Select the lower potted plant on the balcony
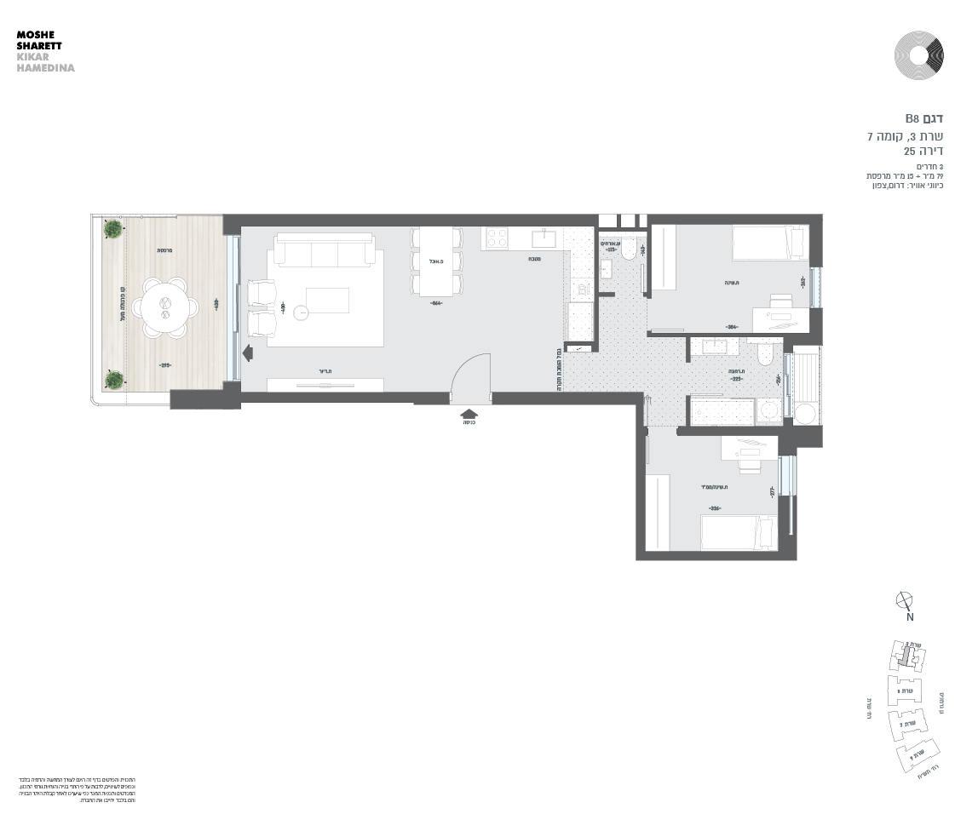(x=112, y=379)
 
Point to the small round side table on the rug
(x=302, y=312)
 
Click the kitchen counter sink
(x=544, y=238)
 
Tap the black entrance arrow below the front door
(x=469, y=413)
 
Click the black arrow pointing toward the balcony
(x=248, y=353)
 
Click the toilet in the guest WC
(x=628, y=249)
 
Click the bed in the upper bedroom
(x=770, y=242)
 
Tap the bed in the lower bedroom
(x=738, y=532)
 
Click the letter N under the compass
(x=909, y=617)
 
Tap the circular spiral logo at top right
(x=919, y=56)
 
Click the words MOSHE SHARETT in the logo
(x=39, y=40)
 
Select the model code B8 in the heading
(x=912, y=118)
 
